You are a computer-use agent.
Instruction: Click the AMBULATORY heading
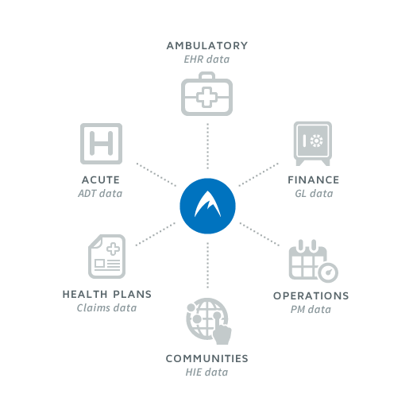[x=207, y=46]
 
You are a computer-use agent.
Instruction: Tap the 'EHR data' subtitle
[x=206, y=60]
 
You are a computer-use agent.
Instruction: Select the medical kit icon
[x=206, y=94]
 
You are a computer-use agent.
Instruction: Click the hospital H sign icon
[x=101, y=144]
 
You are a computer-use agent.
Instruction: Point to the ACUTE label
[x=101, y=180]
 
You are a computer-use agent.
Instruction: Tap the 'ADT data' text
[x=100, y=194]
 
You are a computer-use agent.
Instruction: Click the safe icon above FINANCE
[x=313, y=144]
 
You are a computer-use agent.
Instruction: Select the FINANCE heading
[x=314, y=180]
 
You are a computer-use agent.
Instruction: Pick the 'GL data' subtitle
[x=314, y=194]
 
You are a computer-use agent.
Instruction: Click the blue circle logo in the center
[x=207, y=206]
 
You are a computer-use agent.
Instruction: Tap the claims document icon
[x=107, y=257]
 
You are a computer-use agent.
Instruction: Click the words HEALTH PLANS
[x=107, y=295]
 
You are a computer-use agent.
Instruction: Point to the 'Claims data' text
[x=106, y=308]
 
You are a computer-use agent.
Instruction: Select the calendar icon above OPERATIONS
[x=314, y=261]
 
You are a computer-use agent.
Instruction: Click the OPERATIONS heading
[x=311, y=296]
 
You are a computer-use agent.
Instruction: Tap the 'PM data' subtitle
[x=311, y=310]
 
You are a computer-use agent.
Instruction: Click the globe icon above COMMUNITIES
[x=209, y=321]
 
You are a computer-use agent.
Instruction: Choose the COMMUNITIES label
[x=207, y=359]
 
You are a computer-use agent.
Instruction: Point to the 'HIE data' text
[x=206, y=372]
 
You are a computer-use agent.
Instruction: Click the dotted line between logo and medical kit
[x=207, y=146]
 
